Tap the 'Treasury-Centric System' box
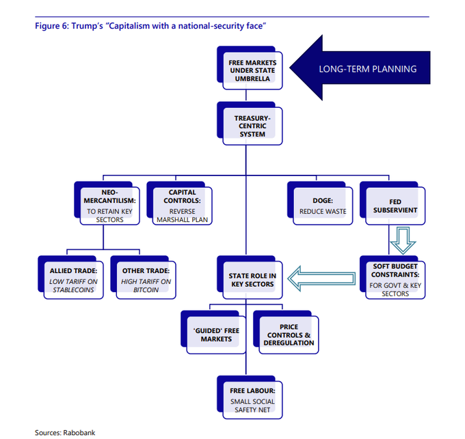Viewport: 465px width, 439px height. (252, 125)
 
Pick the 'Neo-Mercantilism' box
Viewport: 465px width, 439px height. (105, 206)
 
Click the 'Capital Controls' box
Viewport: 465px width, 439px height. (180, 206)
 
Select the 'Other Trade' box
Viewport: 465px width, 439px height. (143, 281)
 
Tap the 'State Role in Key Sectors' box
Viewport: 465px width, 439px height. (252, 279)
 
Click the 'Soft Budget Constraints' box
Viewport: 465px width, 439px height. (394, 279)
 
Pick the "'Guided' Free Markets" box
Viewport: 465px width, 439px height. (215, 334)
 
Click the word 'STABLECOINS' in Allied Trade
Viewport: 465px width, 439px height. (73, 290)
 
